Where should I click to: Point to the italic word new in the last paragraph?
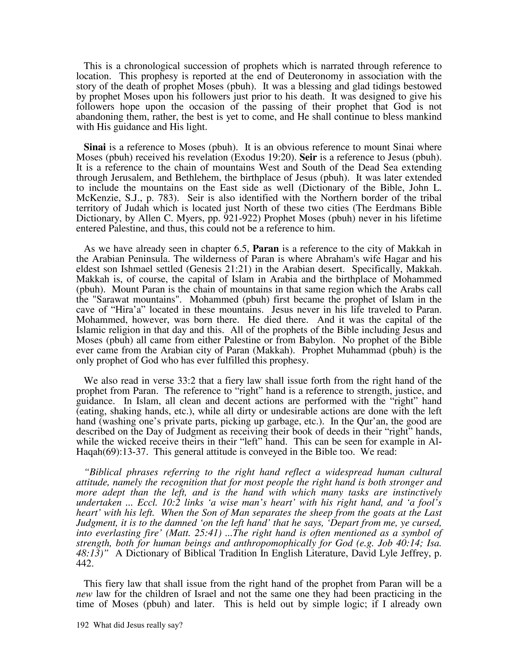click(x=84, y=594)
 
